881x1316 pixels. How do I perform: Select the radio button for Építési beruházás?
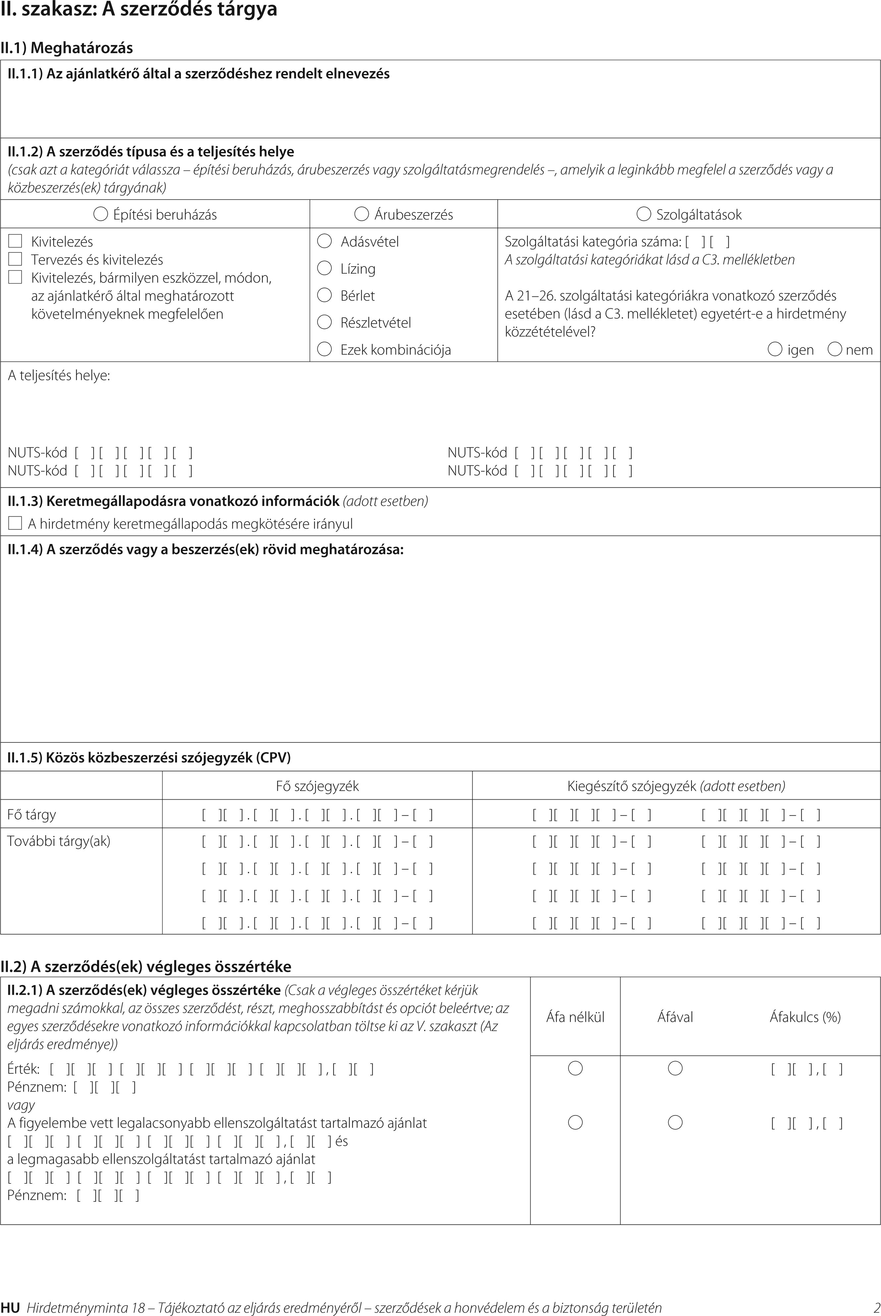[x=100, y=214]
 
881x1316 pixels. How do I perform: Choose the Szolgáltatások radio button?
[x=643, y=214]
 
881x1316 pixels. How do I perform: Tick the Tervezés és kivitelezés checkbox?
[x=15, y=259]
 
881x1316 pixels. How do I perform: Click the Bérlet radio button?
[x=325, y=295]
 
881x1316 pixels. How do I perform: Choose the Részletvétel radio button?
[x=325, y=322]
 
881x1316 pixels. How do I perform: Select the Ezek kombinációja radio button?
[x=325, y=349]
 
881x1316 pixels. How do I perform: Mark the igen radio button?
[x=775, y=349]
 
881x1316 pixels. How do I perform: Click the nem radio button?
[x=836, y=349]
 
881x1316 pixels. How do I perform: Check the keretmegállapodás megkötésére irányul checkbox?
[x=15, y=524]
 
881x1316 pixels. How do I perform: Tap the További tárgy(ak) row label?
[x=58, y=841]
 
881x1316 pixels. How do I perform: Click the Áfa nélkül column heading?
[x=575, y=1017]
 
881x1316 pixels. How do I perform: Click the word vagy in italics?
[x=21, y=1105]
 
